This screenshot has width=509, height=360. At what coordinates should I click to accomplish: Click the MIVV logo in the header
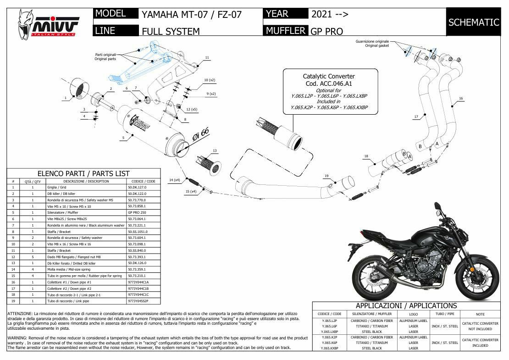[49, 24]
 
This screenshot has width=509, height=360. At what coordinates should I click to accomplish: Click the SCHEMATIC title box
[473, 22]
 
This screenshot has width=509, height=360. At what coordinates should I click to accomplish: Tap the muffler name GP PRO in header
[326, 31]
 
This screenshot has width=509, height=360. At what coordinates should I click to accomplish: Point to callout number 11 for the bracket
[207, 58]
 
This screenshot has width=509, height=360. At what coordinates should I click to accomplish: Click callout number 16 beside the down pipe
[460, 98]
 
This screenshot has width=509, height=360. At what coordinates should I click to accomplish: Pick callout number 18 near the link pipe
[366, 156]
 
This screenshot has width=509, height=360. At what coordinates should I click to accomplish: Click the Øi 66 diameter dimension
[200, 135]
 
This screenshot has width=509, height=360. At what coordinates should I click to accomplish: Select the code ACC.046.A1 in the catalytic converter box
[329, 83]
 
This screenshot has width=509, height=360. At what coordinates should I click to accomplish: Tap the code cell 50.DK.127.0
[138, 188]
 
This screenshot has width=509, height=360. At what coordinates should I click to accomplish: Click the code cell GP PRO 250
[137, 213]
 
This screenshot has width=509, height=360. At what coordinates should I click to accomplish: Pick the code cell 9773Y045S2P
[138, 301]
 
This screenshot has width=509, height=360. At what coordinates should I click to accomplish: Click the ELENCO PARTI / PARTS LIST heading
[83, 174]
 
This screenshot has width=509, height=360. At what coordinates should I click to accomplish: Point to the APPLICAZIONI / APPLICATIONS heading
[406, 305]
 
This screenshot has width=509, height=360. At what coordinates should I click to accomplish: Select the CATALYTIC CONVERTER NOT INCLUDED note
[480, 326]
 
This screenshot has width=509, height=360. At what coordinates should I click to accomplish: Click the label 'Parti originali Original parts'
[105, 56]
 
